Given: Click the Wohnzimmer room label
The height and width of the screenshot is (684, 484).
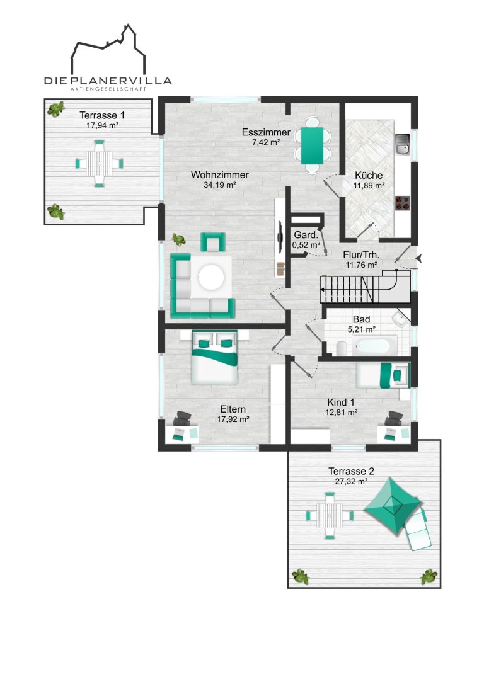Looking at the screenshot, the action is click(219, 174).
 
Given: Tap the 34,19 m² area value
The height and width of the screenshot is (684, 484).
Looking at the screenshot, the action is click(219, 185).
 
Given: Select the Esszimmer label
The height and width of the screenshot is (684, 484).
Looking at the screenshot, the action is click(266, 132).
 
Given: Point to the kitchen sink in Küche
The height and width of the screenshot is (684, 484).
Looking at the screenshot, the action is click(402, 144).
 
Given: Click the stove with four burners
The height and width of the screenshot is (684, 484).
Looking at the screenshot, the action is click(402, 203).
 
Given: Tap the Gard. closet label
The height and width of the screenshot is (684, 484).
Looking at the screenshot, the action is click(306, 235).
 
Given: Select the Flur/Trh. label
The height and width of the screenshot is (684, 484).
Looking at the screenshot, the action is click(361, 254).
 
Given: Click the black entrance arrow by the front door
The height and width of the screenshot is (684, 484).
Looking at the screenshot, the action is click(418, 259).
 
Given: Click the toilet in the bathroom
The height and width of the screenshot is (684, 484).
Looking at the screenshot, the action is click(341, 348).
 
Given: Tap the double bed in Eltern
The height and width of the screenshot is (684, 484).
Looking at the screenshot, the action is click(215, 357).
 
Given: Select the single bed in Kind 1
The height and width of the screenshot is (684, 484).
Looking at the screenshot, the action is click(383, 375).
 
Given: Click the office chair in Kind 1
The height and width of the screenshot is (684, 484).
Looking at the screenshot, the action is click(394, 418).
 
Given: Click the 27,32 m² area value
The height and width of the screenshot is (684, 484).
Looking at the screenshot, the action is click(351, 482).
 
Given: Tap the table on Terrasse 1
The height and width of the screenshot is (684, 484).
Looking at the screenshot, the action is click(100, 164).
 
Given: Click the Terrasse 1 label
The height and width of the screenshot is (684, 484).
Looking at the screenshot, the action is click(102, 115).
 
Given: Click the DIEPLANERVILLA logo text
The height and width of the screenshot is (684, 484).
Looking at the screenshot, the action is click(108, 81).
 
